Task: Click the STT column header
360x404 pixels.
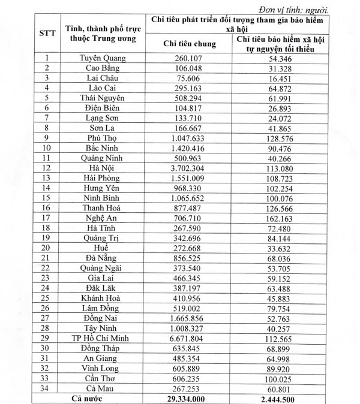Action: coord(47,33)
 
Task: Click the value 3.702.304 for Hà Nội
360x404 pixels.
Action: coord(190,168)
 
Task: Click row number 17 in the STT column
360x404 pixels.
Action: coord(47,219)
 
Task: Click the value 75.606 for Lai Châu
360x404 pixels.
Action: coord(190,78)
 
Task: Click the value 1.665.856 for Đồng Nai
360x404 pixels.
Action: coord(190,318)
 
